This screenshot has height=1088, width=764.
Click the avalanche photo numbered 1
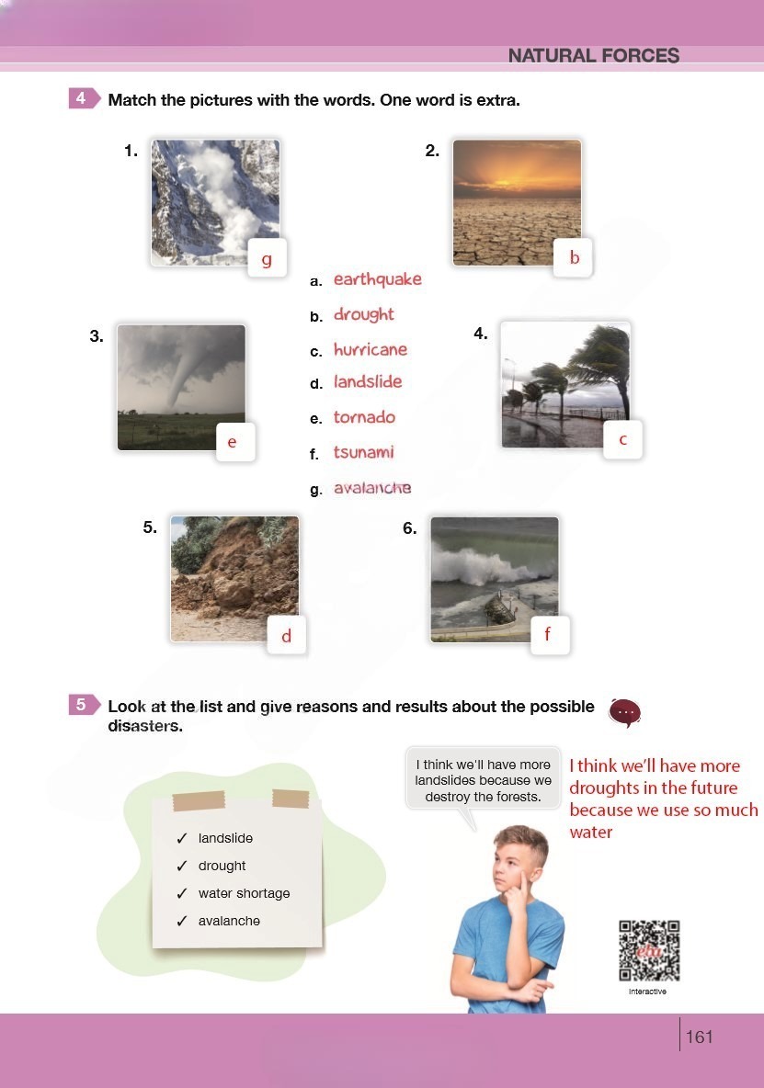pos(215,202)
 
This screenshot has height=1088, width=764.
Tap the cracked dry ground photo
pos(517,202)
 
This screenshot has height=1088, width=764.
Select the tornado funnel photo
pos(181,387)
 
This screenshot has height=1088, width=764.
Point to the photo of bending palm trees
pos(565,384)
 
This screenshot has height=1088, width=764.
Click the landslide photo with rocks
pos(234,579)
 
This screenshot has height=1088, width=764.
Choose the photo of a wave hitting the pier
pos(494,580)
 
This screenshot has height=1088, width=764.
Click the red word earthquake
pos(378,279)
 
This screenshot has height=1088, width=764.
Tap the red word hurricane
pos(371,349)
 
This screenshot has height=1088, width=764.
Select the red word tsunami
pos(363,452)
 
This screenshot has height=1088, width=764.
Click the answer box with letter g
pos(268,258)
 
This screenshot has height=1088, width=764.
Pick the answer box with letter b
pos(573,258)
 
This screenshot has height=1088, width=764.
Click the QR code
pos(649,950)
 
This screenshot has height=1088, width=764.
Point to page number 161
pos(699,1037)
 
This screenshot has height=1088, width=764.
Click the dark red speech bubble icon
pos(624,712)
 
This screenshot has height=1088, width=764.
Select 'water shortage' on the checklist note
pos(245,893)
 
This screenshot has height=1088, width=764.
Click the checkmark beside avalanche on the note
pos(182,921)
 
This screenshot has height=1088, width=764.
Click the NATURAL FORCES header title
pos(594,55)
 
